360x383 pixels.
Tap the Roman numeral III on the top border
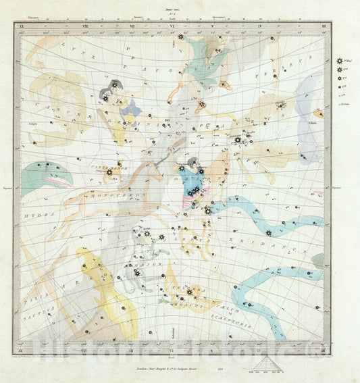tap(324, 26)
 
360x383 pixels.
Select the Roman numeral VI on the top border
tap(174, 26)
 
